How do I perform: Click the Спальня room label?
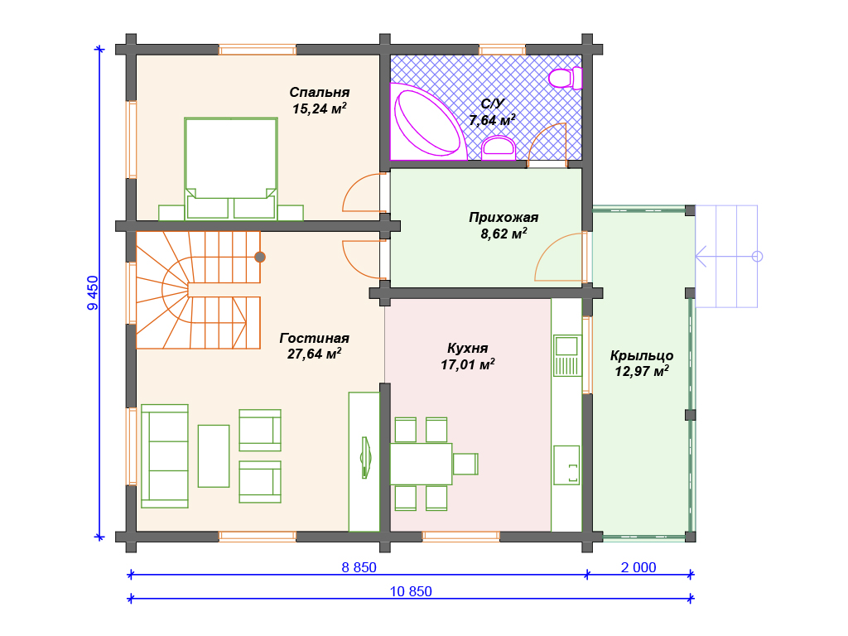coord(319,92)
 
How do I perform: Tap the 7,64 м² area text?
coord(492,119)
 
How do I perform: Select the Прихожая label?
coord(503,218)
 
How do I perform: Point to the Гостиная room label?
coord(314,338)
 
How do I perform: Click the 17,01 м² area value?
coord(468,364)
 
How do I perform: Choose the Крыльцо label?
coord(642,355)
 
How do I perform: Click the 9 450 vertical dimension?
coord(93,292)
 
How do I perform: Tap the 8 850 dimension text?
coord(359,567)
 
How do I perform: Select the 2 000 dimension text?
coord(638,567)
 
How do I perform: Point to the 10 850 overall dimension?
coord(411,591)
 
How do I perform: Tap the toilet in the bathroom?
coord(565,78)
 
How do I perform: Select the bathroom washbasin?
coord(498,147)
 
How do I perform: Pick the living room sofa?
coord(165,456)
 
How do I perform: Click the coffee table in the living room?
coord(214,456)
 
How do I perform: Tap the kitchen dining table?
coord(421,464)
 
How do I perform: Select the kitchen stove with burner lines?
coord(566,355)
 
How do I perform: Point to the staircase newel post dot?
coord(260,257)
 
